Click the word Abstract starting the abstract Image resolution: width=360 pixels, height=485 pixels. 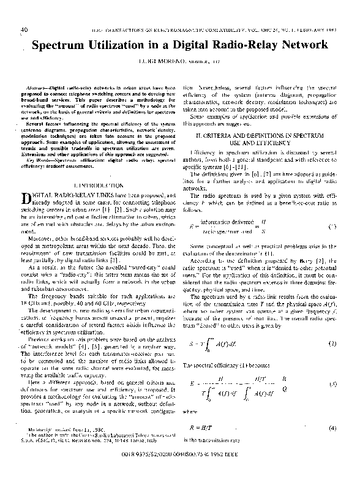[x=38, y=88]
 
